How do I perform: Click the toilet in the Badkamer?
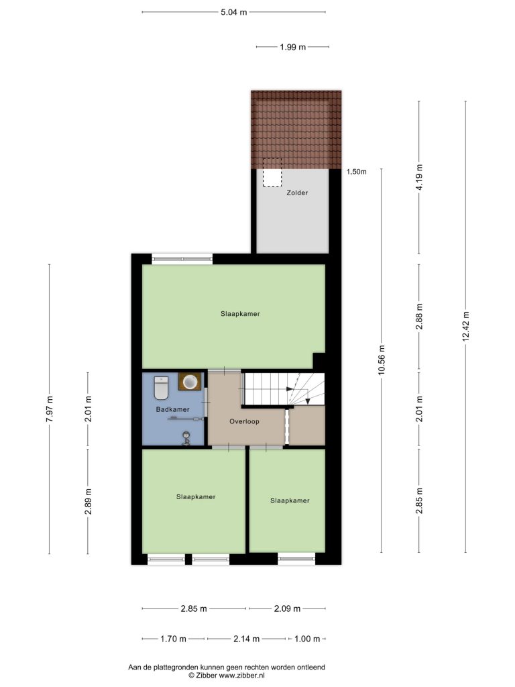point(161,388)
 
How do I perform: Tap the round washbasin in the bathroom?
point(190,382)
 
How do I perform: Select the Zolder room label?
point(297,193)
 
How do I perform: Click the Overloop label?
point(244,421)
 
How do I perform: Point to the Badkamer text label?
point(173,409)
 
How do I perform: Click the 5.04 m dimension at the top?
point(234,12)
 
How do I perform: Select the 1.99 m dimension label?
point(292,47)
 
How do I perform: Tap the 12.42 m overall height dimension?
point(465,327)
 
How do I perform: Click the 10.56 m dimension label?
point(382,360)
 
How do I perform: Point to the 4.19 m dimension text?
point(420,177)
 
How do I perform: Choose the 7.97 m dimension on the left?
point(50,409)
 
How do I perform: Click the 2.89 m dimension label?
point(88,501)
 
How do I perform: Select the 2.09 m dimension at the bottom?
point(287,609)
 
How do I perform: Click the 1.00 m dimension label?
point(307,639)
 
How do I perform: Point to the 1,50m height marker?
point(357,172)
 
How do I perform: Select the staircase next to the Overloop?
point(284,389)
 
